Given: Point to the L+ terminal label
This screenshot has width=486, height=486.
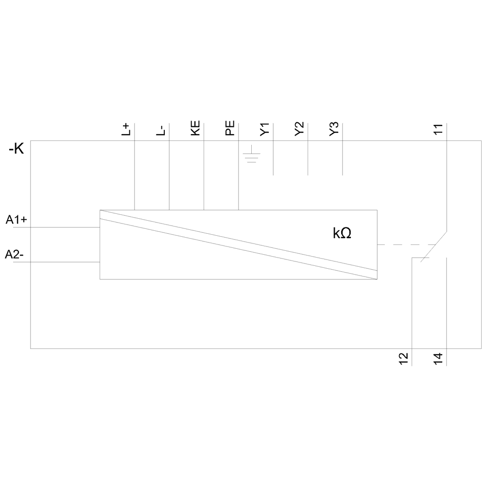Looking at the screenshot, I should pyautogui.click(x=126, y=129).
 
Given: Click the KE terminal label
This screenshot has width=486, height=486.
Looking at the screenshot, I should pyautogui.click(x=195, y=128).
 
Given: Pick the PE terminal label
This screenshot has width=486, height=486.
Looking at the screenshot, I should pyautogui.click(x=230, y=129).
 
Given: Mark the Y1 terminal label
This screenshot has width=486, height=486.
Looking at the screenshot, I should pyautogui.click(x=265, y=130).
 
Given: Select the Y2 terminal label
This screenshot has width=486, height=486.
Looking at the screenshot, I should pyautogui.click(x=300, y=130).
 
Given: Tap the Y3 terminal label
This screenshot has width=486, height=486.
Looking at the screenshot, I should pyautogui.click(x=334, y=130).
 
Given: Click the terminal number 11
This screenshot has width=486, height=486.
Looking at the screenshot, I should pyautogui.click(x=438, y=130).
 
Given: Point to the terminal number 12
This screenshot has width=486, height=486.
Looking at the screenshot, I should pyautogui.click(x=404, y=358).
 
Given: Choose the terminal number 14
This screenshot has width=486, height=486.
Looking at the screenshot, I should pyautogui.click(x=438, y=358).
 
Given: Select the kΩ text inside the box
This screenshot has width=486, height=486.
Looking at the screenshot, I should pyautogui.click(x=342, y=233).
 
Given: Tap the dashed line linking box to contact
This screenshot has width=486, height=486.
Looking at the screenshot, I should pyautogui.click(x=406, y=244).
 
